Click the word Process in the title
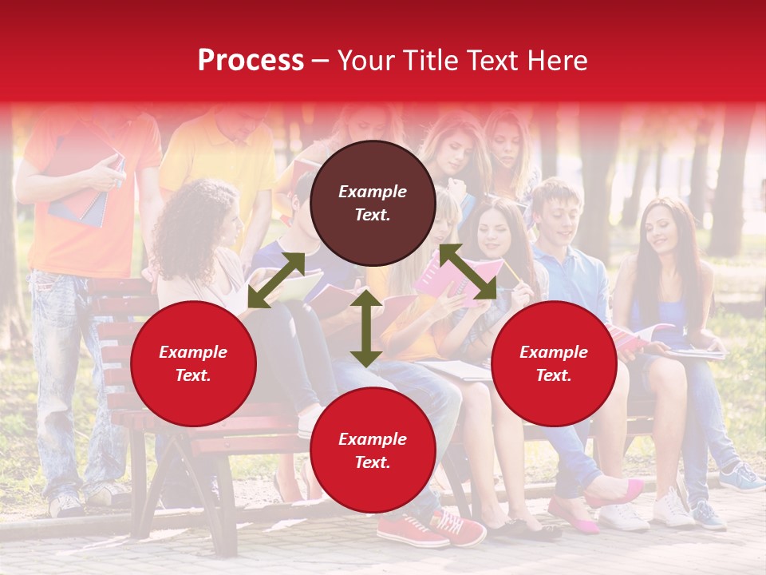[251, 61]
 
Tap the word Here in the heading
[555, 61]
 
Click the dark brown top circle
[373, 204]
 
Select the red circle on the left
[193, 363]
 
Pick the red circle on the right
[554, 363]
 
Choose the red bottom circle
[373, 450]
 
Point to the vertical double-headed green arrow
[366, 328]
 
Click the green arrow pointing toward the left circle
[276, 280]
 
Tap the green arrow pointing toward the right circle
[468, 272]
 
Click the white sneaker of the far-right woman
[672, 509]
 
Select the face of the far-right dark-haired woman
[661, 227]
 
